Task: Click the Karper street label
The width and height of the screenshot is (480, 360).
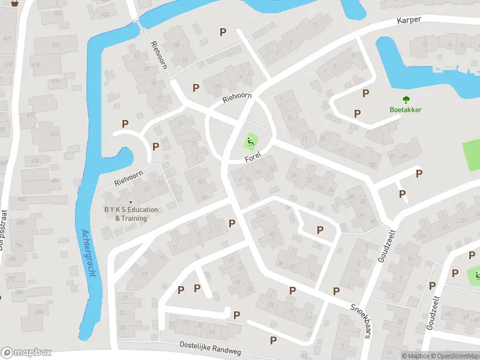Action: click(409, 20)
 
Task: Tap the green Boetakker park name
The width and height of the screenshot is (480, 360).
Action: click(406, 110)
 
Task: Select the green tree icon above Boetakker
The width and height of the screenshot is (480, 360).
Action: click(406, 100)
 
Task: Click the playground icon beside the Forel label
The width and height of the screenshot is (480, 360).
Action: click(250, 143)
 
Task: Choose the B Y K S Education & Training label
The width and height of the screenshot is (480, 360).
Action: click(131, 214)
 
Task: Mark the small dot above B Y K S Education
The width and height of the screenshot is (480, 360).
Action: click(131, 202)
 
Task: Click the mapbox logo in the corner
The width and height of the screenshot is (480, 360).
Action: click(26, 353)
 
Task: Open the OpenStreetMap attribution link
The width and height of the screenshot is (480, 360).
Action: click(455, 356)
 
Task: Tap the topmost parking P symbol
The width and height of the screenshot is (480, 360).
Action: click(223, 32)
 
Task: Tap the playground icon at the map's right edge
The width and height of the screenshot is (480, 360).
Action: click(476, 275)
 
